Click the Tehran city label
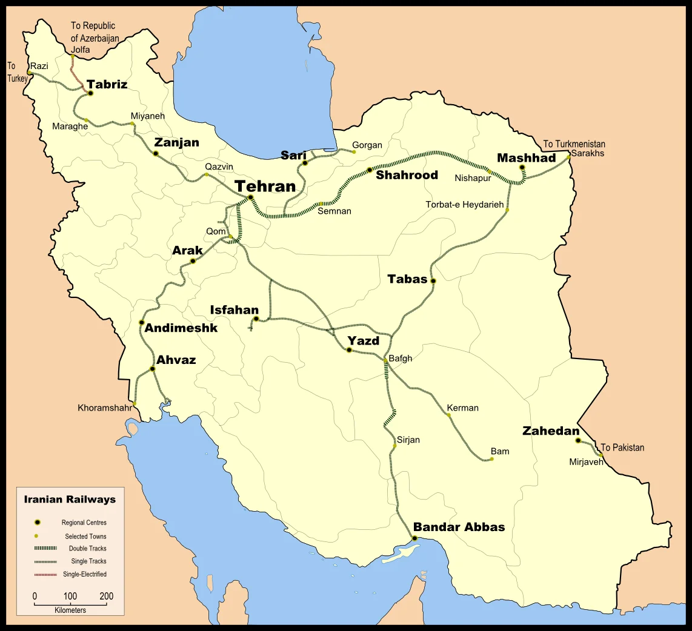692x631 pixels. pos(265,186)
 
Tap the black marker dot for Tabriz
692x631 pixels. pos(90,93)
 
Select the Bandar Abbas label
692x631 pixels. pos(459,527)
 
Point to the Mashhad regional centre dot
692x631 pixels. pos(522,168)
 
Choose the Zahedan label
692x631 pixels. pos(551,431)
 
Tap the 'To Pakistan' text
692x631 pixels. pos(622,448)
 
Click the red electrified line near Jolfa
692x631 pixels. pos(77,78)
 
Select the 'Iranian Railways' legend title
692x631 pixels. pos(70,500)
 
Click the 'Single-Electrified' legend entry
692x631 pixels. pos(85,574)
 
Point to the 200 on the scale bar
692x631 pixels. pos(106,596)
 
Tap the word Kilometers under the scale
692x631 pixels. pos(70,610)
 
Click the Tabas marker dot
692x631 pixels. pos(433,281)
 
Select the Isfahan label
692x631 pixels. pos(234,310)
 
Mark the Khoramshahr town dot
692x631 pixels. pos(135,403)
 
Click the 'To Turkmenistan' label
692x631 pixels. pos(574,144)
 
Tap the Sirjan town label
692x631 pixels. pos(408,440)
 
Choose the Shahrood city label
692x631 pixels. pos(407,175)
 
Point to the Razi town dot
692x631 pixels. pos(29,73)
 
